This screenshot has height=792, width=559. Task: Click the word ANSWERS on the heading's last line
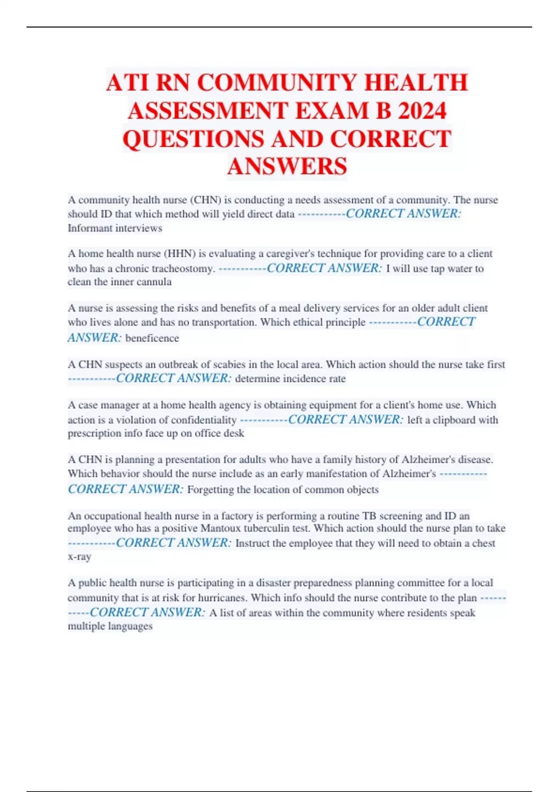pyautogui.click(x=287, y=166)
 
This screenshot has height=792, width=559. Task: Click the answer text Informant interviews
pyautogui.click(x=115, y=228)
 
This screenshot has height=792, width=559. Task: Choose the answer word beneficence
pyautogui.click(x=152, y=338)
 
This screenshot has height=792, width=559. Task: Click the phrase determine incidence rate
pyautogui.click(x=290, y=379)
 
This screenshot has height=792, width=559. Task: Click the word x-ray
pyautogui.click(x=79, y=557)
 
